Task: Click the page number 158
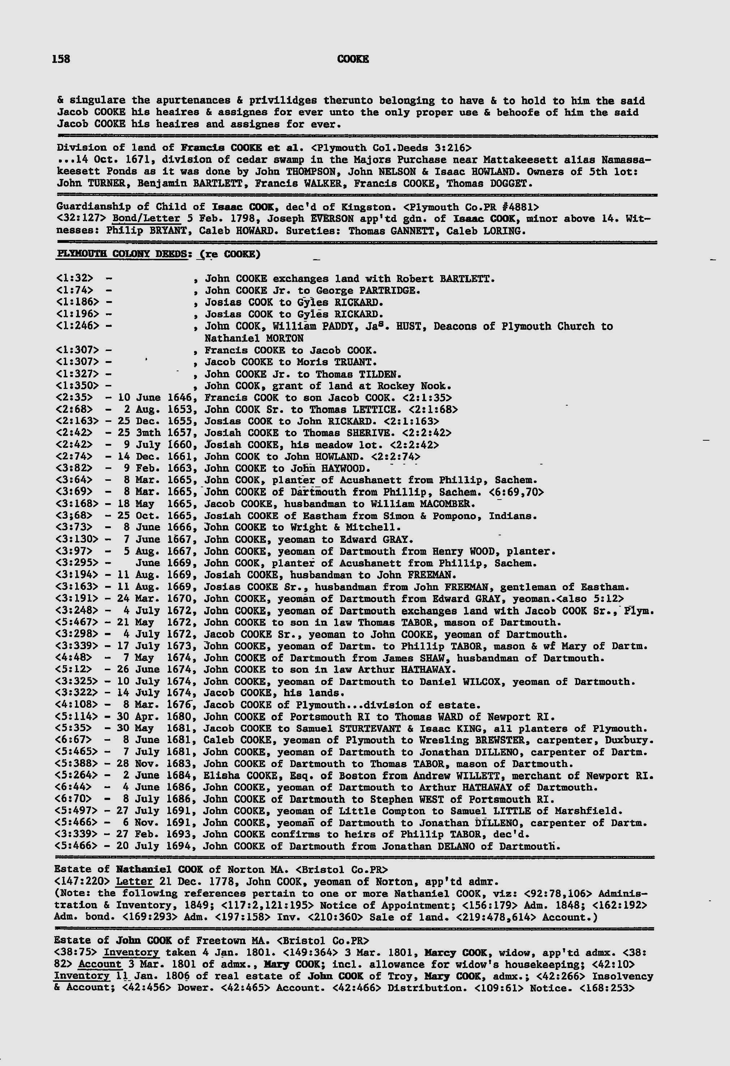point(61,59)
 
